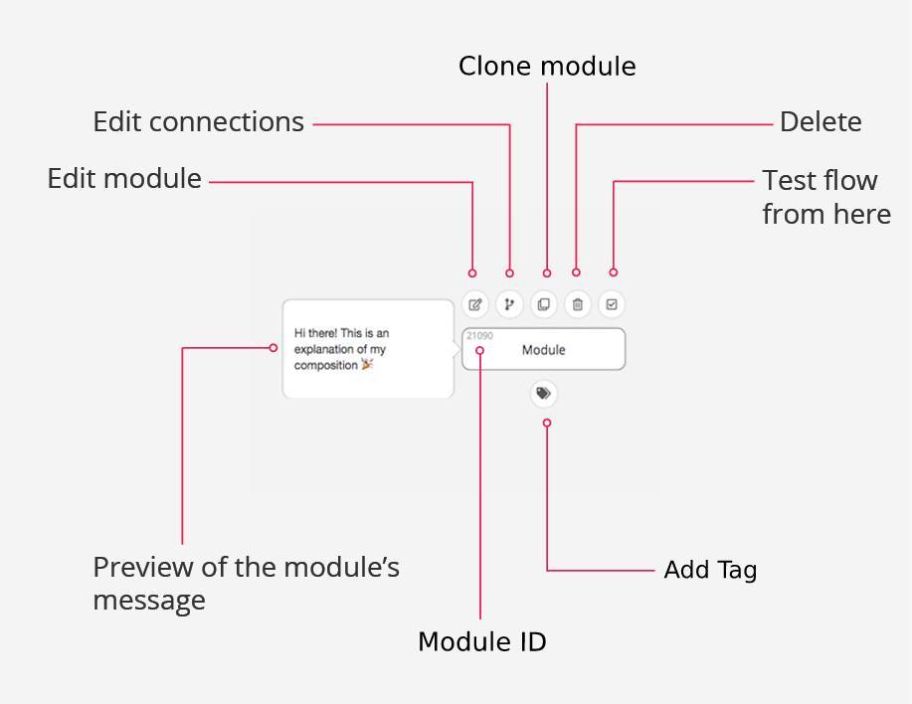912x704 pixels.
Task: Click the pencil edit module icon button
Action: [475, 304]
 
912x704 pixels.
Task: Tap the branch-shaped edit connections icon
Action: [509, 304]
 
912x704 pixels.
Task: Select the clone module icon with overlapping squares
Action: [543, 304]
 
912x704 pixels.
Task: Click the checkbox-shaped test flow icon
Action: [612, 304]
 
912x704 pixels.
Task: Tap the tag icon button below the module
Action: [543, 394]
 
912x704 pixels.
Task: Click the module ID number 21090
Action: [479, 336]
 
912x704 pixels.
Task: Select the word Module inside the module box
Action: [543, 350]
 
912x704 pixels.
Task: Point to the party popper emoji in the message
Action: [367, 365]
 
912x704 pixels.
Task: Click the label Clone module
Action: [547, 67]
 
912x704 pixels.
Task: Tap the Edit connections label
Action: [198, 122]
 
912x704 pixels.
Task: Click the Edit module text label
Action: [124, 179]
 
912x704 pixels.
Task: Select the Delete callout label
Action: [821, 122]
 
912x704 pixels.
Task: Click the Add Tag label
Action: [710, 571]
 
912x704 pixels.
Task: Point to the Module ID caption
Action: [481, 642]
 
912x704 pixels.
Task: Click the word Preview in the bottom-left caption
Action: [134, 568]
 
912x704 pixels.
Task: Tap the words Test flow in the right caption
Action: [820, 181]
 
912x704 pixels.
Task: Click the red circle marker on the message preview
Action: [274, 347]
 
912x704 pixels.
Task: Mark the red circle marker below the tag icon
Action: [546, 424]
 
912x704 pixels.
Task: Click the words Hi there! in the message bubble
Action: [315, 334]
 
